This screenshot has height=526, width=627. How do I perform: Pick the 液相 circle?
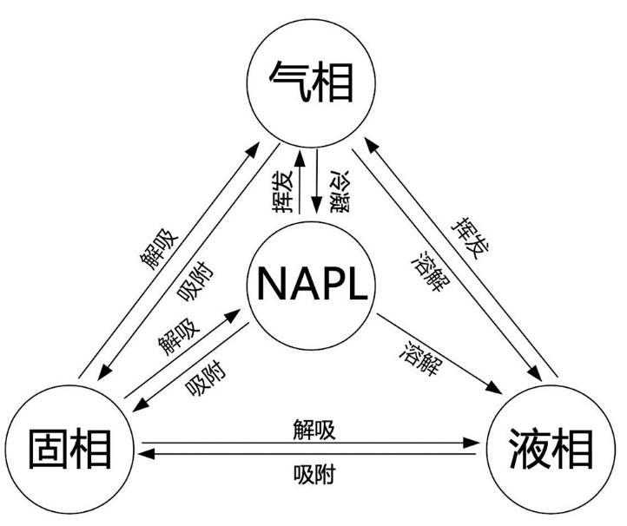pos(552,449)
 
